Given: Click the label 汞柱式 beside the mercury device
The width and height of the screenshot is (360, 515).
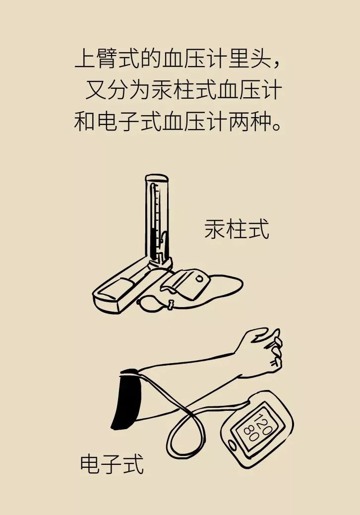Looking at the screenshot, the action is tap(237, 229).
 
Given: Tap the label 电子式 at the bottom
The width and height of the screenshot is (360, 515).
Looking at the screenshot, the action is tap(112, 464).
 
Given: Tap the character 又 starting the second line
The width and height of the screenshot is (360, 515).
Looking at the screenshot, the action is tap(96, 90).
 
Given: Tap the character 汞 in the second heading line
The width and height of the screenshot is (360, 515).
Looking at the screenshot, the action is tap(162, 90).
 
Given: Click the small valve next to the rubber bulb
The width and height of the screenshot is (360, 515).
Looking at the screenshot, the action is tap(171, 305).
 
